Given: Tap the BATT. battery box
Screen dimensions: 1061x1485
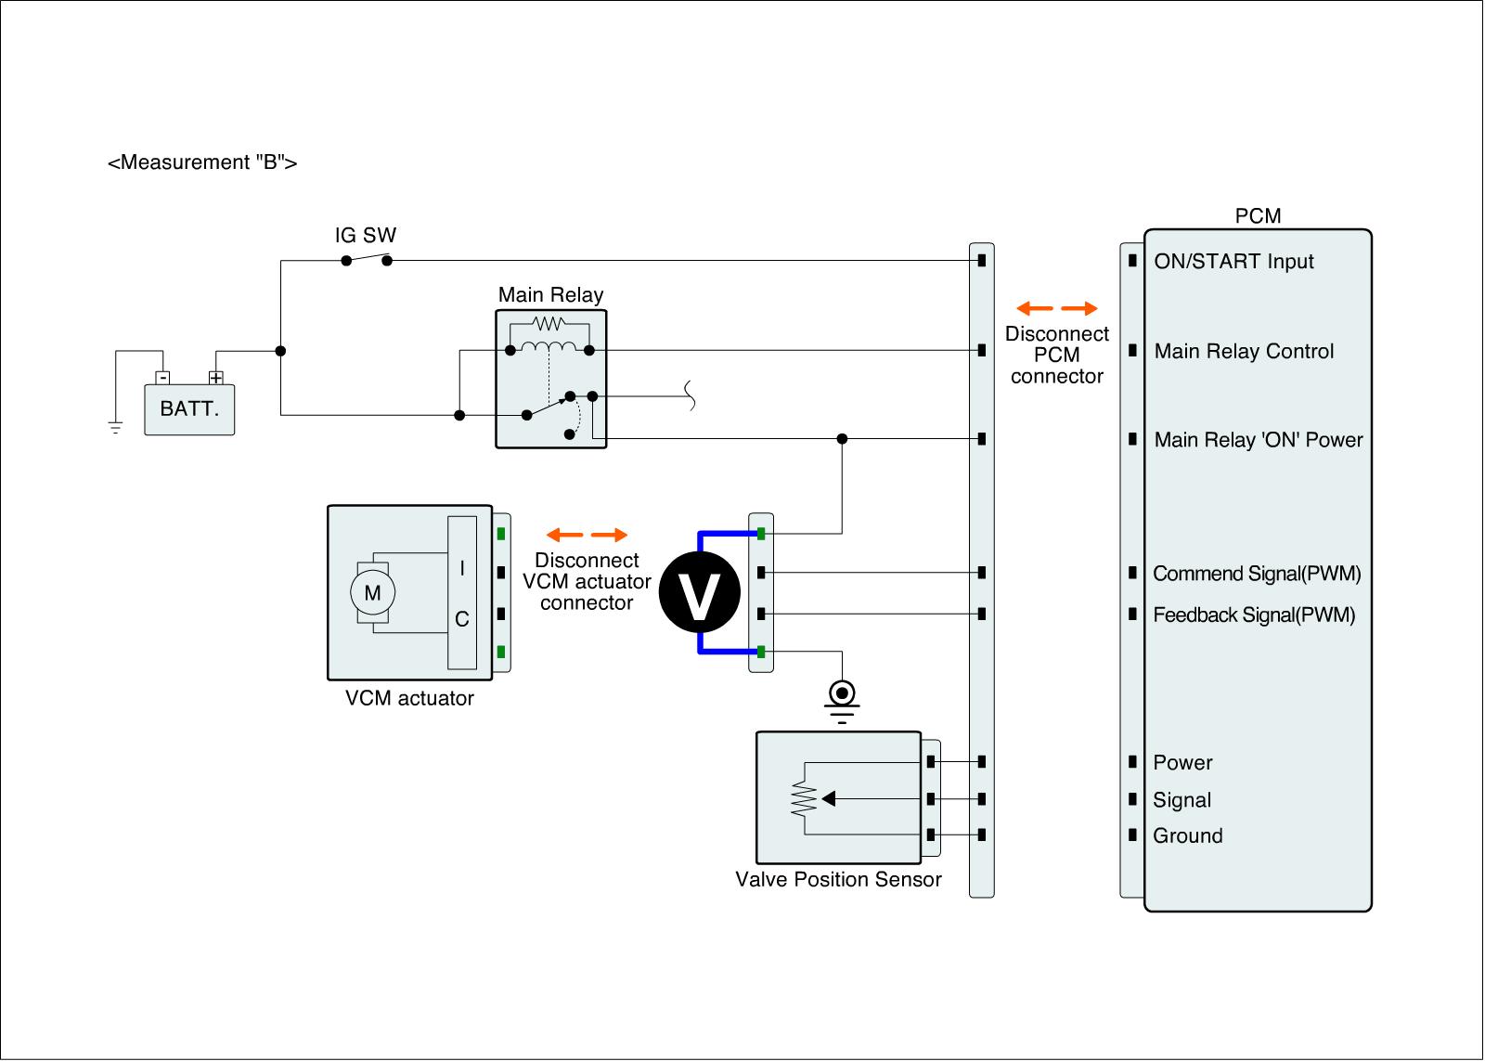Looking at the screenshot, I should [189, 409].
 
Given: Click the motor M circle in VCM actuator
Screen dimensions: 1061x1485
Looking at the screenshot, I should [372, 592].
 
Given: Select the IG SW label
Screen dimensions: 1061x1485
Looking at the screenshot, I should [366, 235].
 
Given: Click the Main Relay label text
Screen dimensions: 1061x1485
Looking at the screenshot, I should [550, 295].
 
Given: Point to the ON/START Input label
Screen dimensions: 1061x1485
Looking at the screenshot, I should [1233, 262].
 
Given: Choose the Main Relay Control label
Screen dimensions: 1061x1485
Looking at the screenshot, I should [1244, 352].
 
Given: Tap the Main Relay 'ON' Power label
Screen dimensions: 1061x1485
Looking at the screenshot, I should [1258, 440].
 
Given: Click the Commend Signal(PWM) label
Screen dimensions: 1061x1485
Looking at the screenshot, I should [1257, 574].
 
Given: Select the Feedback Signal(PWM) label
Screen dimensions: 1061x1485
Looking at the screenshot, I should [1254, 615].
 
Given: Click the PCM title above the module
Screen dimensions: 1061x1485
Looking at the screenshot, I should [1258, 216].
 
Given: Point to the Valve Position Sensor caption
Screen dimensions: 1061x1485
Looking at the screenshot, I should [838, 879].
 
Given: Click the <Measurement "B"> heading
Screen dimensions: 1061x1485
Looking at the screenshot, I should [202, 163].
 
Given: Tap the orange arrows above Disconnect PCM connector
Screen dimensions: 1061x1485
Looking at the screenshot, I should [1056, 308].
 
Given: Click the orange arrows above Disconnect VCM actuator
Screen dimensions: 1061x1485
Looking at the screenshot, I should [587, 535].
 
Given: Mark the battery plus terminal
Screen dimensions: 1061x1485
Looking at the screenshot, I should [216, 378].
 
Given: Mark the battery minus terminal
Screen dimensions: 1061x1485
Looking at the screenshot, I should [162, 378].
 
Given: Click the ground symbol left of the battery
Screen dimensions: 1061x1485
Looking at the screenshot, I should [115, 428].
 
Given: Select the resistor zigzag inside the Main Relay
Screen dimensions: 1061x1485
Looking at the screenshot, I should [549, 324].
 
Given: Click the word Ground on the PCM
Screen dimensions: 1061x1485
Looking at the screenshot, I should [1187, 836].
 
